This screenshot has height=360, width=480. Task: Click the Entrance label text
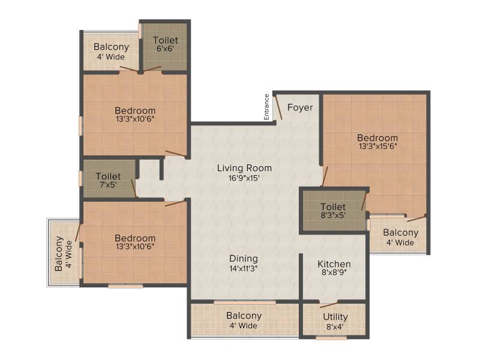click(x=266, y=107)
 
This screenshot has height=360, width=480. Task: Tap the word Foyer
click(x=300, y=107)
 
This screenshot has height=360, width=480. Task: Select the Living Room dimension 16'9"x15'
click(x=244, y=178)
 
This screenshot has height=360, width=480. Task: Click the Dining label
click(x=244, y=259)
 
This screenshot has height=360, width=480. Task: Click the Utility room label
click(x=335, y=317)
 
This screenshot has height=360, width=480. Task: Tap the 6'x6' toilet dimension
click(x=166, y=49)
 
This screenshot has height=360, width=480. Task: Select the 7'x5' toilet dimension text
click(x=109, y=185)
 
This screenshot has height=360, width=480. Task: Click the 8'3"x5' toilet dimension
click(x=333, y=215)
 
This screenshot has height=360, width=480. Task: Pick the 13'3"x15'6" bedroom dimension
click(x=378, y=146)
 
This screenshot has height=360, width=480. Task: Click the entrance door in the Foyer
click(x=279, y=107)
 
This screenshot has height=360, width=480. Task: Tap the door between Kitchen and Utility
click(x=329, y=305)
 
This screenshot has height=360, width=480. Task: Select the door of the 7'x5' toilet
click(x=134, y=188)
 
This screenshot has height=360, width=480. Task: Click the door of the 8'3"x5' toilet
click(x=364, y=201)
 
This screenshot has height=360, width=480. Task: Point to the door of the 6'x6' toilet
click(x=152, y=69)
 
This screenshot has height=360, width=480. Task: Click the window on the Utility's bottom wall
click(x=331, y=338)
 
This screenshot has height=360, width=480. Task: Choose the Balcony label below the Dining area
click(x=244, y=316)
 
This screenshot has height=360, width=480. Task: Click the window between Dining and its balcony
click(x=245, y=302)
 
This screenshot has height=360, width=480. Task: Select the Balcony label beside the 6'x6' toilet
click(x=111, y=47)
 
